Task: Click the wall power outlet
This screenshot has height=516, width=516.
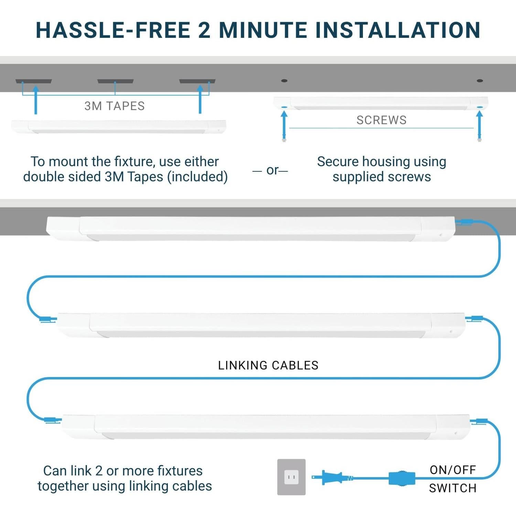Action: point(291,477)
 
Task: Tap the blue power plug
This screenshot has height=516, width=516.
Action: point(332,477)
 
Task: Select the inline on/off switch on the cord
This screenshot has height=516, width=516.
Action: point(402,478)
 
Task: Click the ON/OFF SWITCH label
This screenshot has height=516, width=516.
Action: point(453,479)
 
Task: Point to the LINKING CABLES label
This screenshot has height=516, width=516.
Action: point(268,365)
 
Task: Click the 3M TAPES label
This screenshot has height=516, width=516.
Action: point(115,106)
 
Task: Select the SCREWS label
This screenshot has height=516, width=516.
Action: point(381,120)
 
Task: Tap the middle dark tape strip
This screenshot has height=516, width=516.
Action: point(115,81)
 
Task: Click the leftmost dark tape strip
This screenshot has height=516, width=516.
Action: point(33,81)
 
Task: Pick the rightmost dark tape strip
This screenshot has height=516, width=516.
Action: point(197,81)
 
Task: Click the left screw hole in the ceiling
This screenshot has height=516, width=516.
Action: point(284,80)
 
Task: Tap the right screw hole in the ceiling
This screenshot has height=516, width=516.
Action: point(480,80)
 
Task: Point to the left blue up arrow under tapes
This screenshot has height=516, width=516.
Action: point(35,100)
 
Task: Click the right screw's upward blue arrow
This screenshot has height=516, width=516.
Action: point(480,126)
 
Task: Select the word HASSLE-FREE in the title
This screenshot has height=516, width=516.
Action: point(114,30)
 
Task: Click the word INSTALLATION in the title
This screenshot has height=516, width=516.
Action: point(398,30)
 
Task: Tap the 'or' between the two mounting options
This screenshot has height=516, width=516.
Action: point(272,170)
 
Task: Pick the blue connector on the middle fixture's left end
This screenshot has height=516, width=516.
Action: point(48,319)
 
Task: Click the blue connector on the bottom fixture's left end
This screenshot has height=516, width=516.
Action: point(53,420)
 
